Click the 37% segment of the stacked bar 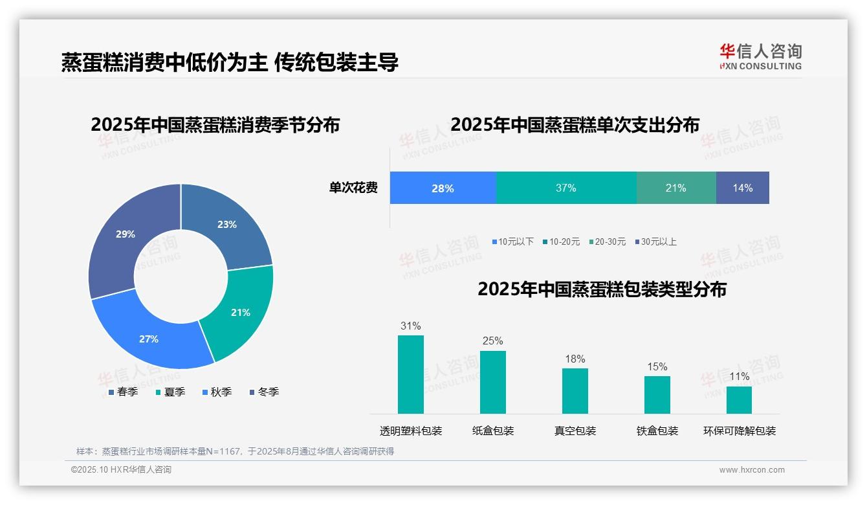tap(566, 188)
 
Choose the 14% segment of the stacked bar tap(743, 188)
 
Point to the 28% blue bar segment tap(443, 188)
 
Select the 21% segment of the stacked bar tap(676, 188)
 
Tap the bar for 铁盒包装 tap(657, 395)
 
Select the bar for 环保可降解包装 tap(739, 400)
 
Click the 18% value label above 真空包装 tap(575, 359)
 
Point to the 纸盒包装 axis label tap(493, 431)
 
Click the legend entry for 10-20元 tap(561, 242)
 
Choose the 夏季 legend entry tap(170, 392)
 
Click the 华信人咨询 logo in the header tap(760, 56)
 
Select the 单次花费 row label tap(353, 188)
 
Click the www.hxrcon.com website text tap(752, 470)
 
